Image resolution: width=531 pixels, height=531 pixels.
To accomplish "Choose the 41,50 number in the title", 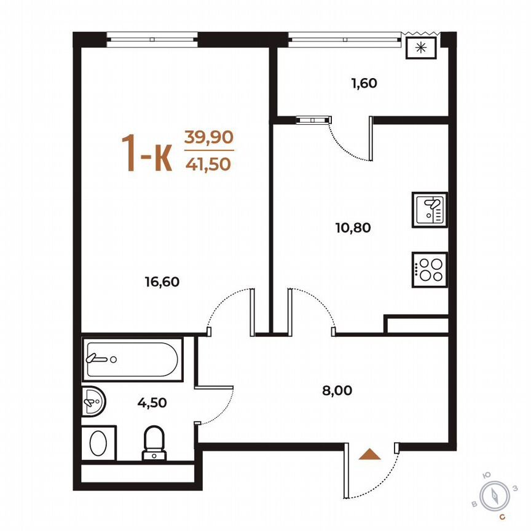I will point(210,163).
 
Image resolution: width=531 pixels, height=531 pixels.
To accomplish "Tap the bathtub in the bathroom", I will point(132,358).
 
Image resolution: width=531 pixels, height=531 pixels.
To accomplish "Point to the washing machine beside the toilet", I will point(98,442).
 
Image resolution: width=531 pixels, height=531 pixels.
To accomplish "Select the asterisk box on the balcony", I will point(421,48).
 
